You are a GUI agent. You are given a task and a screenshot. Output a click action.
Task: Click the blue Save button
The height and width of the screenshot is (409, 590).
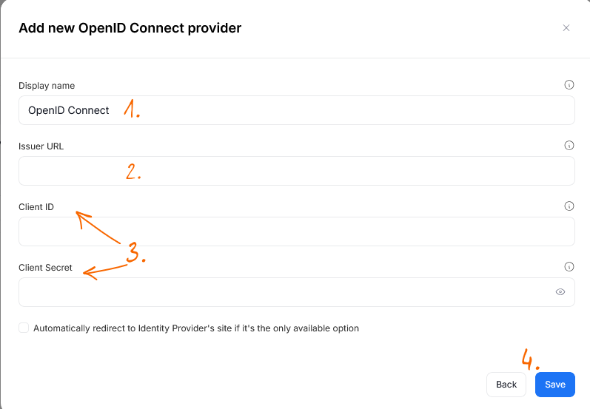tap(555, 384)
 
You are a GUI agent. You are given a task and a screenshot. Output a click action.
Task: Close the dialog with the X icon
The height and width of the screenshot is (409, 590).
tap(566, 28)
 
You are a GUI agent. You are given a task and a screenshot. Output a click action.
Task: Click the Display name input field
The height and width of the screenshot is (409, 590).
tap(297, 110)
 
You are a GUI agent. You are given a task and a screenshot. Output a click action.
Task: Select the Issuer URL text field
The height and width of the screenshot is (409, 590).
tap(297, 171)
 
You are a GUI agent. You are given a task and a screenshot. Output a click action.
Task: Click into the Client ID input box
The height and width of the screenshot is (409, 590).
tap(297, 231)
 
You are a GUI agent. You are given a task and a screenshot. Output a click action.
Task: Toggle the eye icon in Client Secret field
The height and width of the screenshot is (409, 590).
tap(560, 292)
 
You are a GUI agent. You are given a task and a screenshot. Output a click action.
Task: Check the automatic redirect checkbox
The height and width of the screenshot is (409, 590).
tap(24, 328)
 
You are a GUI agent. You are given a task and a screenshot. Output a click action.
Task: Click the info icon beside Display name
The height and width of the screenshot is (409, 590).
tap(569, 85)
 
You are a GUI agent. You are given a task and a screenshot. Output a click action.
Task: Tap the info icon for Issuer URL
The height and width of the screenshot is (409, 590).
tap(569, 146)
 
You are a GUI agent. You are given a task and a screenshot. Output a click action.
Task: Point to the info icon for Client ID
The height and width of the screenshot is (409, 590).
tap(569, 206)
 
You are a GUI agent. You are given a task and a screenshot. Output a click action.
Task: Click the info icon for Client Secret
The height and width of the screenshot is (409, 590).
tap(569, 267)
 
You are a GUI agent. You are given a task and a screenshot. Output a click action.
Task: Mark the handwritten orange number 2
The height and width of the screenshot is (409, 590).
tap(133, 172)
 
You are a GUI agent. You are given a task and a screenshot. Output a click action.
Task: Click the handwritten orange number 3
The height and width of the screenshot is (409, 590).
tap(134, 252)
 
